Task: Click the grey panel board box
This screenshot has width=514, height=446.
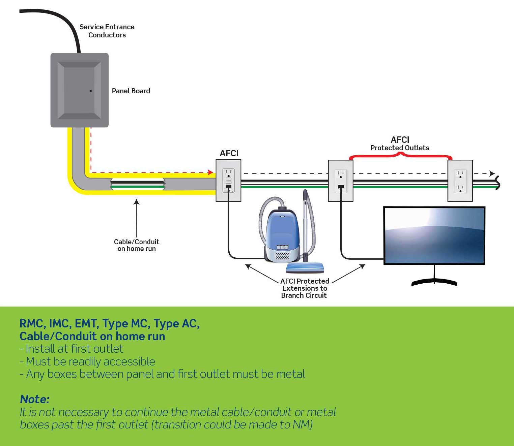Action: click(80, 90)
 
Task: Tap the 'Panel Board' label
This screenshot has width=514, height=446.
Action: click(131, 91)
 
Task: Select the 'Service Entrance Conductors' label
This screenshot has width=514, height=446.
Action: click(107, 31)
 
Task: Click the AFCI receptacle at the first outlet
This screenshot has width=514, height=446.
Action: click(228, 181)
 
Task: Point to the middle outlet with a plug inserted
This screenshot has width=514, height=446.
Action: click(341, 181)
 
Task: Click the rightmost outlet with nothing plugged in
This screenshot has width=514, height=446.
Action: click(460, 181)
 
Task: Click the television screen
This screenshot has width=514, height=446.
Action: click(434, 235)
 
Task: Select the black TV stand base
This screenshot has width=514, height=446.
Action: click(434, 282)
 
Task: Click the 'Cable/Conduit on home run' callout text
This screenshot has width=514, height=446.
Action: click(137, 245)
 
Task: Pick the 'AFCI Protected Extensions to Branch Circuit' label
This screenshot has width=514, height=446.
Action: click(304, 288)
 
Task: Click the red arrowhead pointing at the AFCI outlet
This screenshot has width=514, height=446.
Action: click(210, 172)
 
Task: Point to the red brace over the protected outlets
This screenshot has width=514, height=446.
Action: click(400, 156)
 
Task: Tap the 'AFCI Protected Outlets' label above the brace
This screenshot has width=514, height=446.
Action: click(400, 144)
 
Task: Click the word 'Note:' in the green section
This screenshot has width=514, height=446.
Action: click(35, 399)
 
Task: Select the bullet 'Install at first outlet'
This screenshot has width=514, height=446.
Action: click(72, 349)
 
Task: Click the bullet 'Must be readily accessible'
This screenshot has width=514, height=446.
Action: click(88, 361)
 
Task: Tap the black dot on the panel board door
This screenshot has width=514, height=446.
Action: click(91, 91)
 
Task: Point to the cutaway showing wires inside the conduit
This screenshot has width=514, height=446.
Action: click(138, 184)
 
